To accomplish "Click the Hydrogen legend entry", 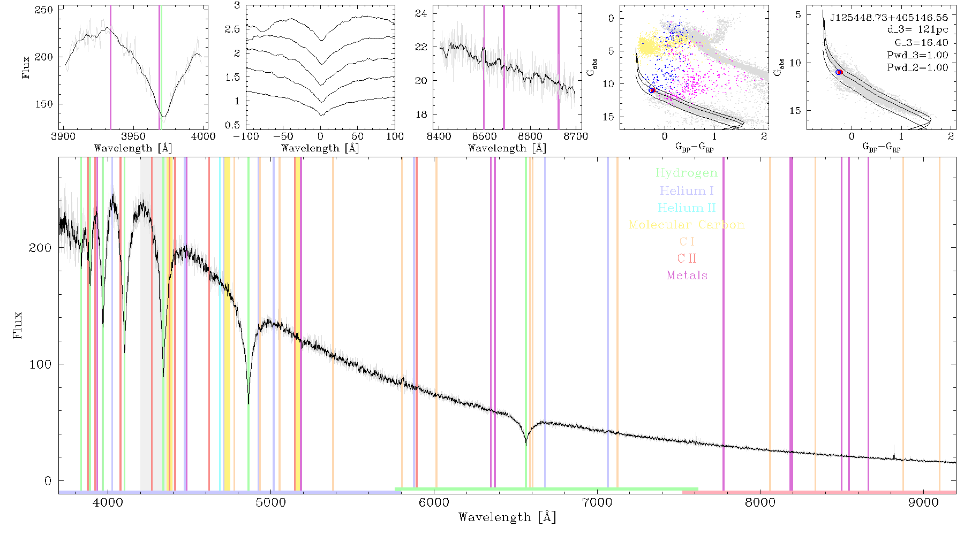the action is tap(686, 173).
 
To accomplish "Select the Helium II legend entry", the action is tap(687, 208).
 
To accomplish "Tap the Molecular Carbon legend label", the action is tap(687, 225).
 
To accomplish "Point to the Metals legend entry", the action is tap(687, 276).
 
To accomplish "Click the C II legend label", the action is tap(687, 258).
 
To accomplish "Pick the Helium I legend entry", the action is tap(687, 191).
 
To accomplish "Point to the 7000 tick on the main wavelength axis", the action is tap(597, 502).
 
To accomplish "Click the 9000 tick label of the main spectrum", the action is tap(923, 502).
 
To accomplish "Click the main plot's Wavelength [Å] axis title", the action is tap(507, 517).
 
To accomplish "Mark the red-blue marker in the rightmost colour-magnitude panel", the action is tap(839, 72).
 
